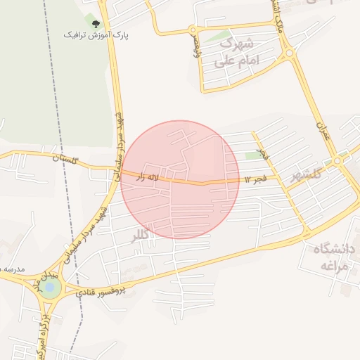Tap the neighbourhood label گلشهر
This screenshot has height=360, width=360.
tap(304, 173)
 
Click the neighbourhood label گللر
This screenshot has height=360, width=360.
tap(141, 236)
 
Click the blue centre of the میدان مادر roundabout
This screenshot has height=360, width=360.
tap(49, 287)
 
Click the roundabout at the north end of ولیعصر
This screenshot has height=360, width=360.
tap(192, 30)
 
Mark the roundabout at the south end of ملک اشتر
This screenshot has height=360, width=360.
tap(288, 53)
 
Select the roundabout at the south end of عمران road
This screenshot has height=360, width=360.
tap(338, 161)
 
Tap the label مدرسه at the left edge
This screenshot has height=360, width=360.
tap(13, 269)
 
